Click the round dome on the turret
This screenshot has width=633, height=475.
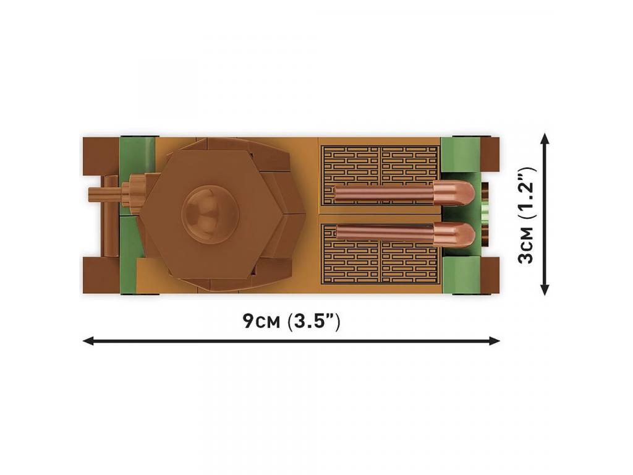[210, 214]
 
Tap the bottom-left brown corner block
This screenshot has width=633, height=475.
[101, 275]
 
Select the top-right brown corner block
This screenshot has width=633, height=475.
[490, 154]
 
